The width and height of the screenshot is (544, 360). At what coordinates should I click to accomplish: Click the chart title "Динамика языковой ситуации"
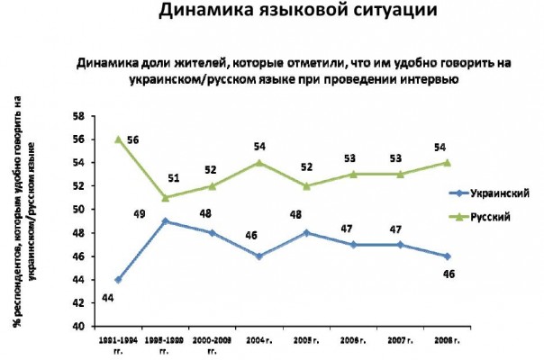(x=269, y=13)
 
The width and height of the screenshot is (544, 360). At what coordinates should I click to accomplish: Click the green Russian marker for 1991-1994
(x=118, y=139)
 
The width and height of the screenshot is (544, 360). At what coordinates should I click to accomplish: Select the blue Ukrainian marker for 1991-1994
(x=118, y=280)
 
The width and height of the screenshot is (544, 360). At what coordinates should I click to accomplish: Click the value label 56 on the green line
(x=134, y=139)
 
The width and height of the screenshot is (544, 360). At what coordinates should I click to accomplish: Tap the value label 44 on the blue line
(x=105, y=296)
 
